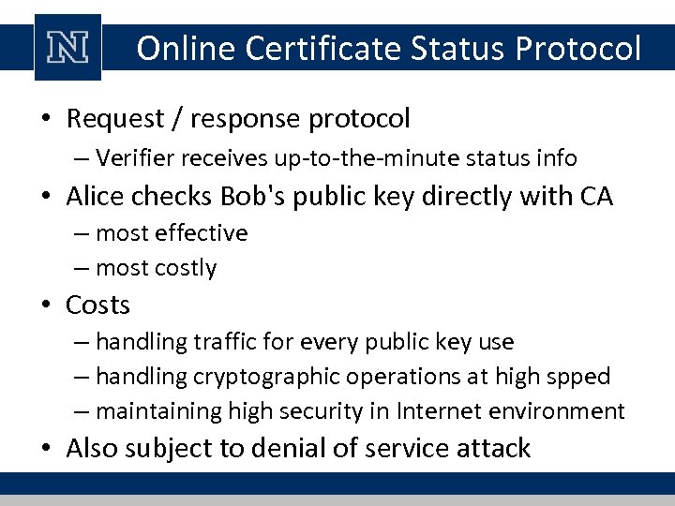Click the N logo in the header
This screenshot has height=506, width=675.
coord(67,48)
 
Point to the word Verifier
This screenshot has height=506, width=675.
coord(137,158)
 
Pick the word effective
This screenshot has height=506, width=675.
coord(200,232)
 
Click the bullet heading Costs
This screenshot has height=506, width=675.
coord(98,305)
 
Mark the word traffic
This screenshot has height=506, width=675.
coord(225,342)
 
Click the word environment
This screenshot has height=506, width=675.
coord(565,411)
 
